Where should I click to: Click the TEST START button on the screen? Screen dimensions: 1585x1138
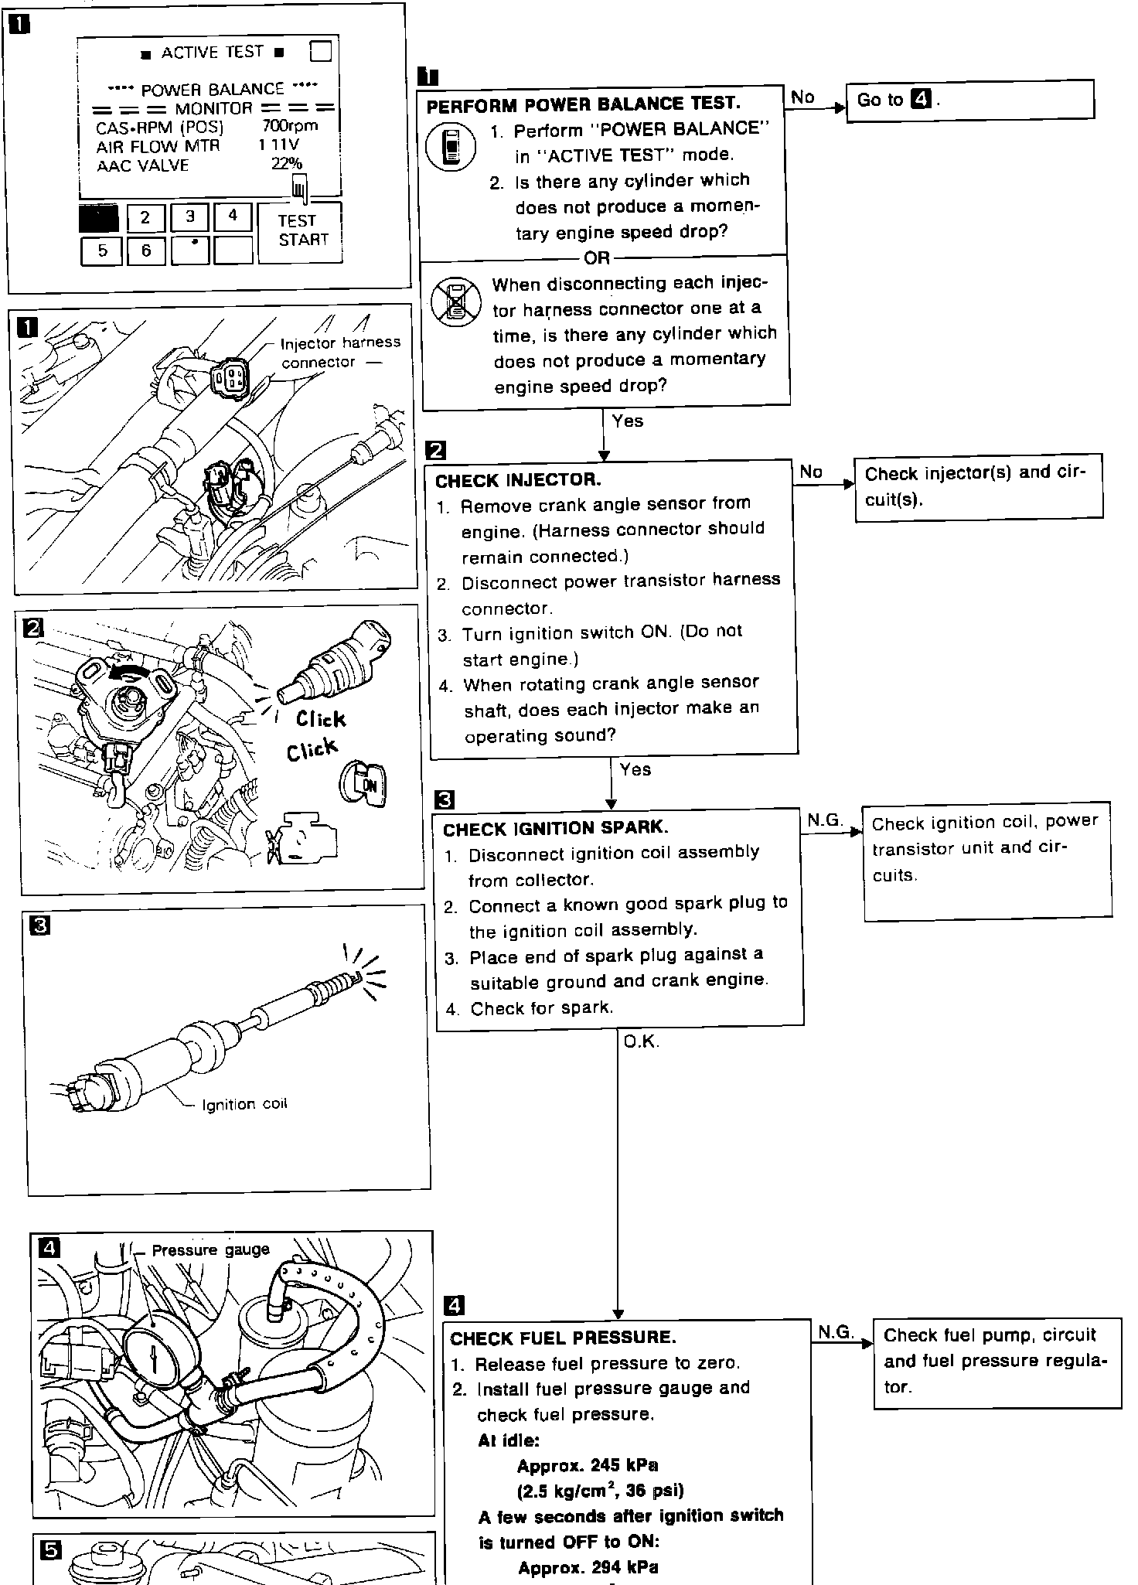click(300, 231)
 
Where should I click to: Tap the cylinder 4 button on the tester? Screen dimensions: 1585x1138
click(233, 217)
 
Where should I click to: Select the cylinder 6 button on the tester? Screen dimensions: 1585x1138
click(145, 251)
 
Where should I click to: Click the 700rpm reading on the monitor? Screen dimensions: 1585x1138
click(289, 125)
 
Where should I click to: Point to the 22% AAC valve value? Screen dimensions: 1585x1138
click(286, 163)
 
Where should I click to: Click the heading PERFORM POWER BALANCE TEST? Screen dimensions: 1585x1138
click(583, 104)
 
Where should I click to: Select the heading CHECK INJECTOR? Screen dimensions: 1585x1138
click(518, 480)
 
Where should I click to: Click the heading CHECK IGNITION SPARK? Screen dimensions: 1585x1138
click(554, 829)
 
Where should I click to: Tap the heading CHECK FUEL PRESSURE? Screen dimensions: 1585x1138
click(563, 1338)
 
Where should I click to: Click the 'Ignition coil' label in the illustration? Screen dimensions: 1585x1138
click(244, 1104)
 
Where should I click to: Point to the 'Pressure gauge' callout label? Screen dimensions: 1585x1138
click(210, 1250)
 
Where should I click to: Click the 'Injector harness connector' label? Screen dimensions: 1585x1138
click(340, 352)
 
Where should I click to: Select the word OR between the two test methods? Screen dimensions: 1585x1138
click(597, 257)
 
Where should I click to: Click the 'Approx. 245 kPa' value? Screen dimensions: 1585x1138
click(588, 1465)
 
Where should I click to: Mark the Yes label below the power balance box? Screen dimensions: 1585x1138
click(627, 421)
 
